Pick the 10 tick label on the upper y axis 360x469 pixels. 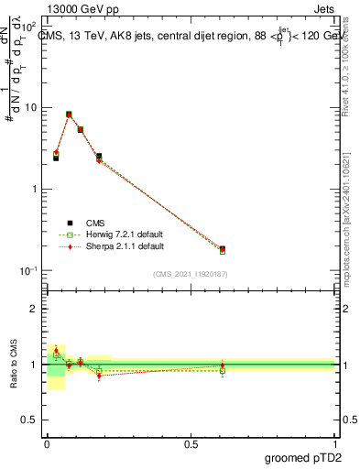(30, 108)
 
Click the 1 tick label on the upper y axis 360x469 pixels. (34, 190)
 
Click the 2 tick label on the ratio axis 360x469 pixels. (35, 309)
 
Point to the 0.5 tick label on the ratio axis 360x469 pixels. (30, 420)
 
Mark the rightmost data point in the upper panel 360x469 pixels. (223, 248)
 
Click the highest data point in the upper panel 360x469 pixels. (69, 115)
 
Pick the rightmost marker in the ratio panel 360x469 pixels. (223, 366)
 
